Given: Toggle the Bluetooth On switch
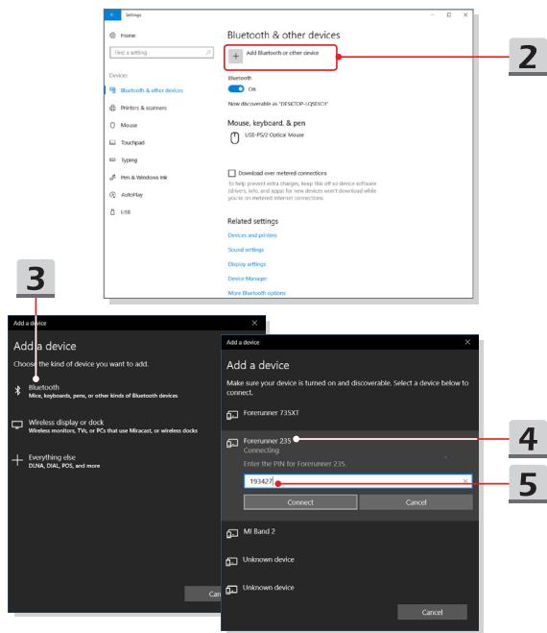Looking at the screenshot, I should pos(236,88).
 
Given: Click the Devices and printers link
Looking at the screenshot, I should pos(252,234).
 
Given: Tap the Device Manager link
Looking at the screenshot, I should pos(249,277).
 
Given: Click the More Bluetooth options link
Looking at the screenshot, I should pos(256,291).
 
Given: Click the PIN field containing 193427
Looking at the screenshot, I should pos(354,480).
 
